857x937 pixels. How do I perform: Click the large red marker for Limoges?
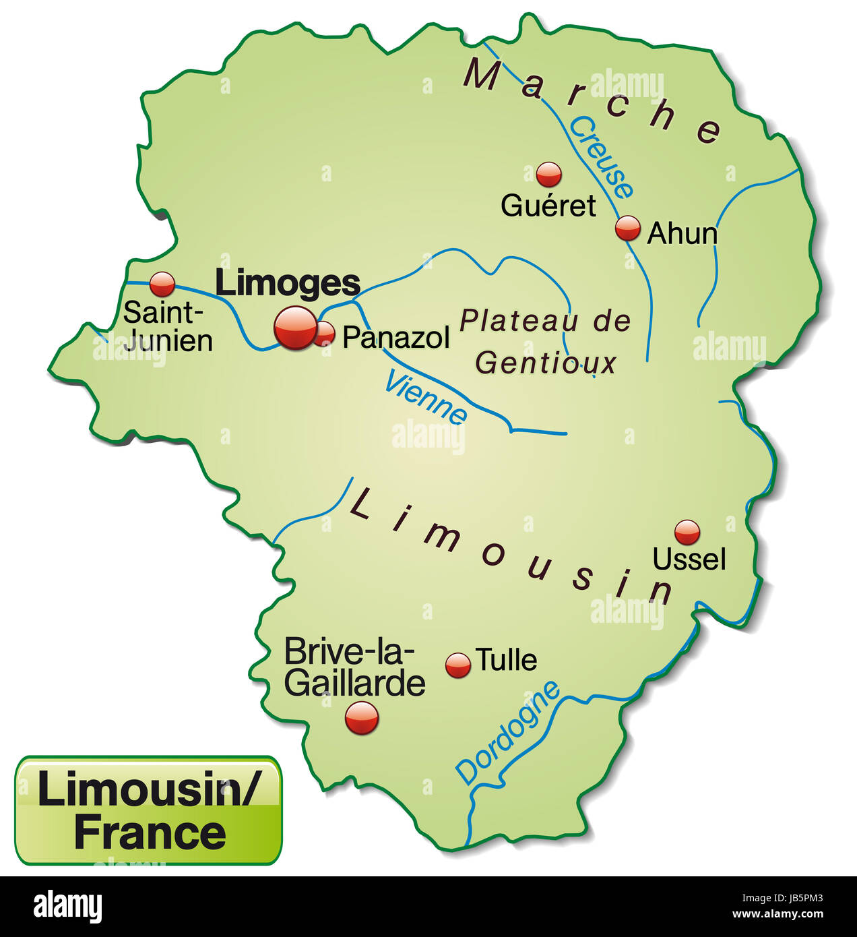coord(295,328)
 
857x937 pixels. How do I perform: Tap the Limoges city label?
coord(287,284)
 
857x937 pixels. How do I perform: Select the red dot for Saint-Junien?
coord(162,284)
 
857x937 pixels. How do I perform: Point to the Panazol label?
coord(395,337)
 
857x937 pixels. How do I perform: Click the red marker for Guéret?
coord(549,174)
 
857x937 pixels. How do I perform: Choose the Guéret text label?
coord(548,206)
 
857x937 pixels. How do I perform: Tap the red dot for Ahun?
coord(628,229)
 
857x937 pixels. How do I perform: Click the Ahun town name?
coord(682,234)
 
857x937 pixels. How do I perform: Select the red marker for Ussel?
coord(687,532)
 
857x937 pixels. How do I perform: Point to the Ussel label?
coord(689,560)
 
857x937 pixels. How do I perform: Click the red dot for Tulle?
coord(459,665)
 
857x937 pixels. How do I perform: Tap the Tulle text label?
coord(507,660)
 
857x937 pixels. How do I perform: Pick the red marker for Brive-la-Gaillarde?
coord(362,717)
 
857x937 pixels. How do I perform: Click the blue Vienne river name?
coord(426,398)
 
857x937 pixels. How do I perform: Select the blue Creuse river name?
coord(602,157)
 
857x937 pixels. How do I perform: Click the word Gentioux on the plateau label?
coord(546,364)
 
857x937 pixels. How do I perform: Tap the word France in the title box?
coord(150,833)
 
